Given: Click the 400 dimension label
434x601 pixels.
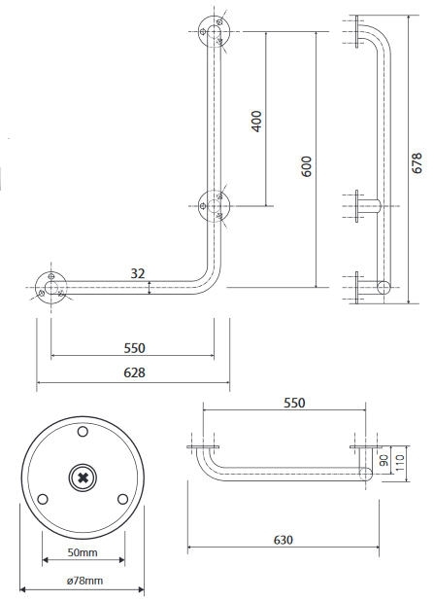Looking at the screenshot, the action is [256, 122].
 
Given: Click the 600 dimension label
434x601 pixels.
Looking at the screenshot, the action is [306, 166].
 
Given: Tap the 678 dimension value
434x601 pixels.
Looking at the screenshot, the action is [417, 163].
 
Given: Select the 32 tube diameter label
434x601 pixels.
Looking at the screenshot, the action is [138, 273].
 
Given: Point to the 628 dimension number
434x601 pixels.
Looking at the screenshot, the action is [134, 372].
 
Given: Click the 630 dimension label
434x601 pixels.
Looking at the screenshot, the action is [284, 540].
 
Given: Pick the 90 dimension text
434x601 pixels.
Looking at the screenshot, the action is [384, 460].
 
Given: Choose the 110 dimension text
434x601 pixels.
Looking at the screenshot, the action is [399, 463].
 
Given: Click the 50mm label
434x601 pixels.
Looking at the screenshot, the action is [83, 552].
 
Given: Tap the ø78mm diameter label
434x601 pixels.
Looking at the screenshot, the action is [85, 581].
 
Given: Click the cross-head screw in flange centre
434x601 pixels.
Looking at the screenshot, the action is [83, 477].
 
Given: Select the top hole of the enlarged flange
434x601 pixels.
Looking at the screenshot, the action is [83, 432].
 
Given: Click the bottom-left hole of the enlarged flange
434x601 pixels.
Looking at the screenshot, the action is [43, 499].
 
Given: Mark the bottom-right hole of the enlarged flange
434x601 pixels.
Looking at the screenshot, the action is [123, 499].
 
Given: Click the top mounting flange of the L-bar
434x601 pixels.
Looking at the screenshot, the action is [214, 31].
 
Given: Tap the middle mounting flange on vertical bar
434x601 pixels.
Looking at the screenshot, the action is [214, 206].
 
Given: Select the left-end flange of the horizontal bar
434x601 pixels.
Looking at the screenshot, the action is [50, 288].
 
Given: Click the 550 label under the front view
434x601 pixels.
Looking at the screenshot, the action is [134, 348].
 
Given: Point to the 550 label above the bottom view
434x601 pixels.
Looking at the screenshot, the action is [294, 403].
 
